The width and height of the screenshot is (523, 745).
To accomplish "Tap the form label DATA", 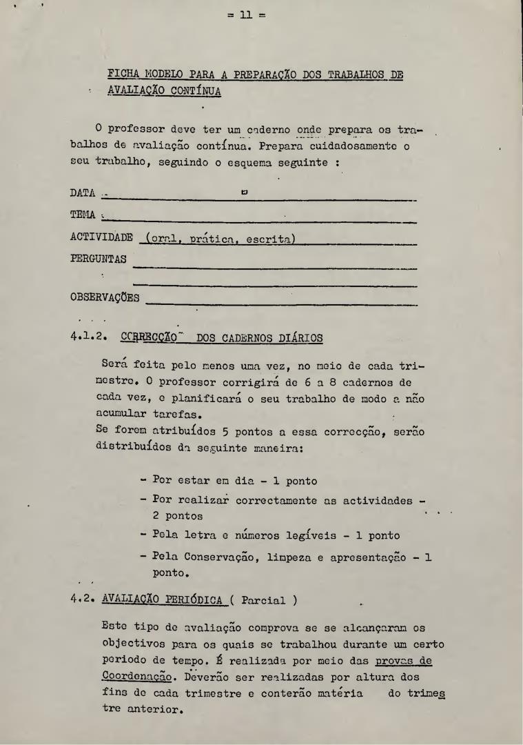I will [x=83, y=193].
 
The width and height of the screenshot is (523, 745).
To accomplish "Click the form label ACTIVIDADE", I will [x=101, y=237].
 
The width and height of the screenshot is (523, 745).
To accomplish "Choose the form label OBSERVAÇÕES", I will [x=105, y=298].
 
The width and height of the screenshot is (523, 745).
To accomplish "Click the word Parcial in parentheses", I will [x=263, y=599].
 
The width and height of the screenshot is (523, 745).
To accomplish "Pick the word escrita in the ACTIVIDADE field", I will [x=268, y=239].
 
